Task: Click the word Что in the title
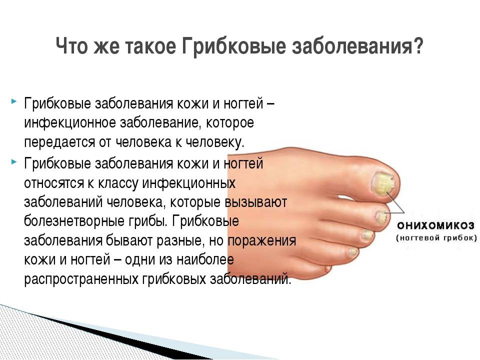(71, 46)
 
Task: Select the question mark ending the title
(416, 46)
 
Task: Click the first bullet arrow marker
(13, 100)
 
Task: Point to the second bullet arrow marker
(13, 161)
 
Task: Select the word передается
(59, 142)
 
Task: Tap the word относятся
(54, 183)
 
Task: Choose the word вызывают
(256, 202)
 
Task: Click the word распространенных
(81, 279)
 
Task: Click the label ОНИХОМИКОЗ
(435, 226)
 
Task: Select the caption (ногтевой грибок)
(436, 238)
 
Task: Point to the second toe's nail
(381, 216)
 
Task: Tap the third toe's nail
(367, 235)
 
